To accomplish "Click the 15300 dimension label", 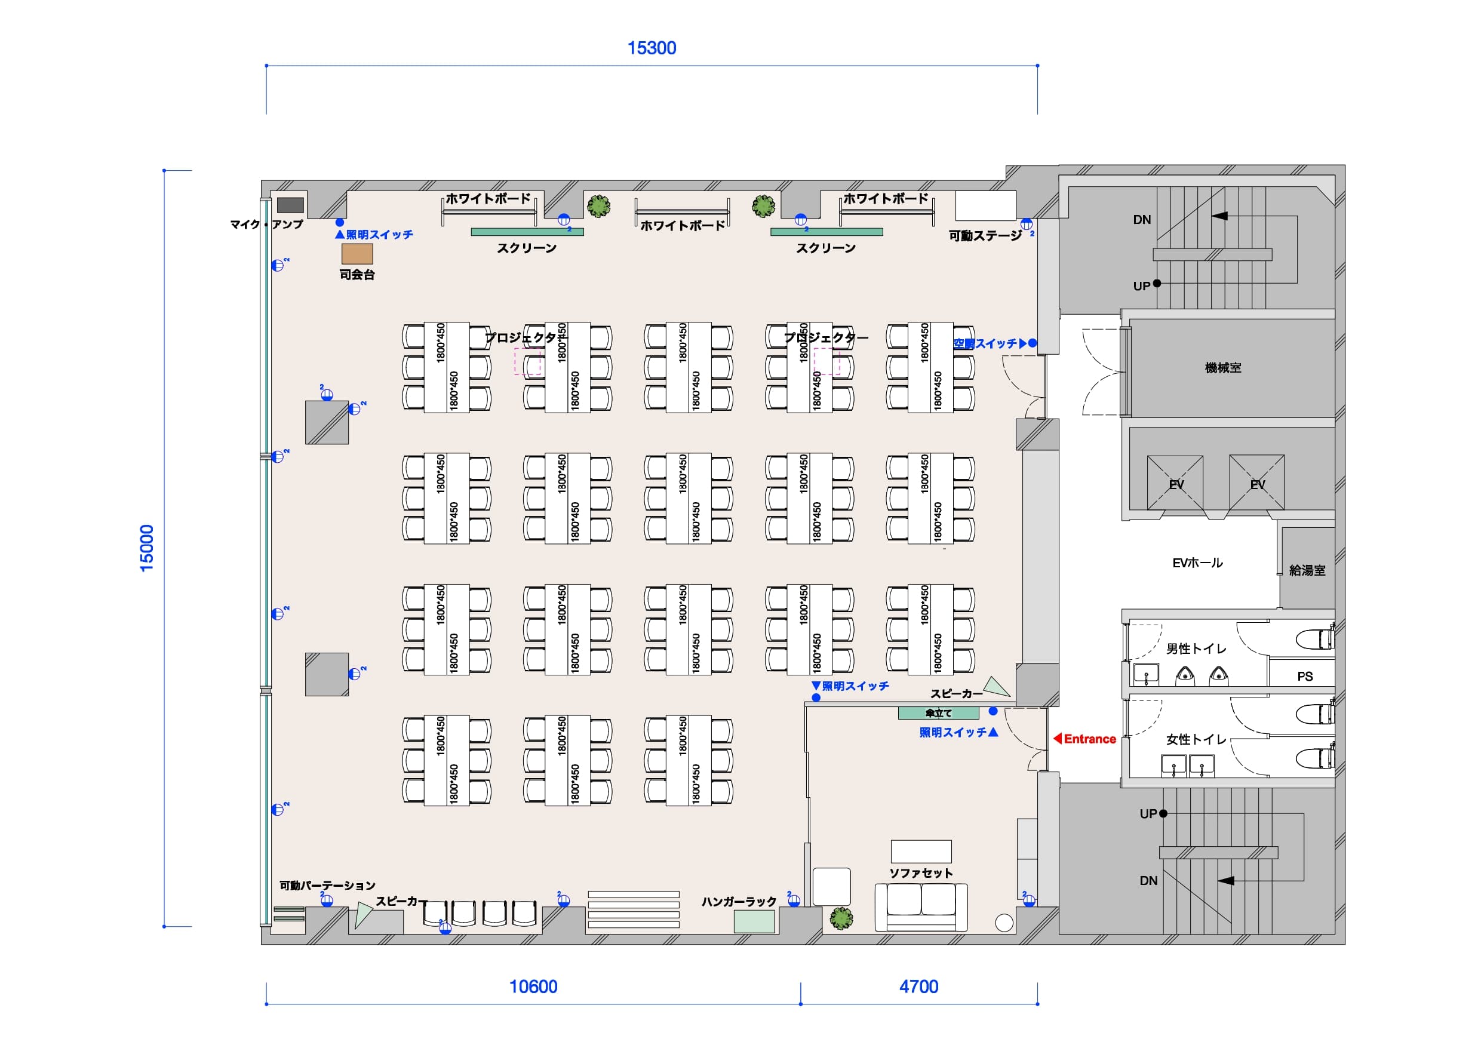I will [652, 48].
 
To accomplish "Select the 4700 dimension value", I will [918, 986].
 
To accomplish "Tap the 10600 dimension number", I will [533, 986].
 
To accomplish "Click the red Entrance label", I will [1086, 739].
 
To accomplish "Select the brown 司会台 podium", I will [357, 254].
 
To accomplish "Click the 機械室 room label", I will [1223, 368].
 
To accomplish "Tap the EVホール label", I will [1197, 563].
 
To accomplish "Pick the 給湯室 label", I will [1307, 570].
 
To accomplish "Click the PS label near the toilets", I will [1305, 677].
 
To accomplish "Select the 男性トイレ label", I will [1196, 649].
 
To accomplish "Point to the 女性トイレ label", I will [1196, 739].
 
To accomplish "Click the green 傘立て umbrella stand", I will [938, 713].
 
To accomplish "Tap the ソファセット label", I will [921, 873].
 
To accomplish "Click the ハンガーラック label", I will [739, 902].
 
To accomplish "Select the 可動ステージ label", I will [985, 235].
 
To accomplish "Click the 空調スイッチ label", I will [985, 344].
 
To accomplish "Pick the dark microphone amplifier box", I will [290, 205].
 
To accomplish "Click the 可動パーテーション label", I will [327, 886].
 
